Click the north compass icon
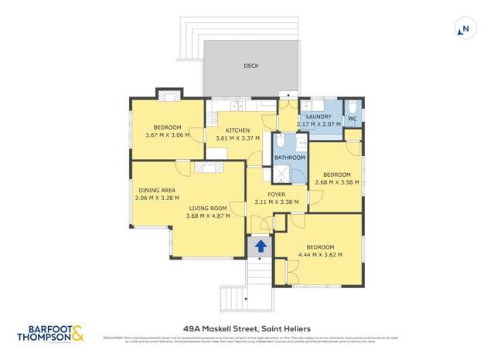[464, 29]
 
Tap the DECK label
[250, 66]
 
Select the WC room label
[352, 119]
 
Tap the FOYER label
[276, 195]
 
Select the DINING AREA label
[157, 190]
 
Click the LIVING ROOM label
[207, 208]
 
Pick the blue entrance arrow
[261, 246]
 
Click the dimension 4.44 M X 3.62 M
[319, 254]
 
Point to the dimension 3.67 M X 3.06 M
[167, 135]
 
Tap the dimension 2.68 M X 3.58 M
[336, 182]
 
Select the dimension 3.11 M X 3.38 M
[276, 202]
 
